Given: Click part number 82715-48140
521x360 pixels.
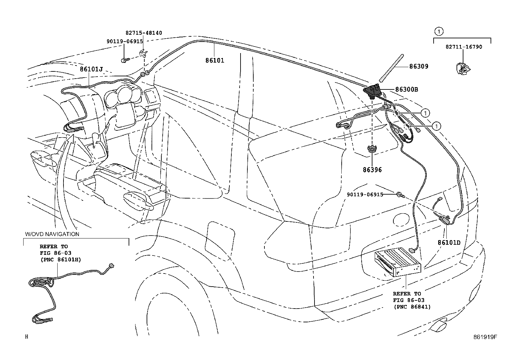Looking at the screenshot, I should pos(144,33).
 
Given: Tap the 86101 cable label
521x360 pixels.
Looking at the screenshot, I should pos(215,60).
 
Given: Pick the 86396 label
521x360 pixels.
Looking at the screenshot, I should pos(372,170).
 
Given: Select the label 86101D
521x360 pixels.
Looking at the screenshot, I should pos(449,243).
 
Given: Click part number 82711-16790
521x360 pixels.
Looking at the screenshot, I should pos(464,47).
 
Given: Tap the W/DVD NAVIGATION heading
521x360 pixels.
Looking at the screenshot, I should pos(52,234).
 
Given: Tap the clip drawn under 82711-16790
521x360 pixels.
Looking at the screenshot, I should pos(463,68).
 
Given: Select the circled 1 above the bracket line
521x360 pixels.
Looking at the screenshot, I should pos(439,31).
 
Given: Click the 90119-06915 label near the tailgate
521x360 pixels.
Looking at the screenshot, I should pos(365,195).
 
